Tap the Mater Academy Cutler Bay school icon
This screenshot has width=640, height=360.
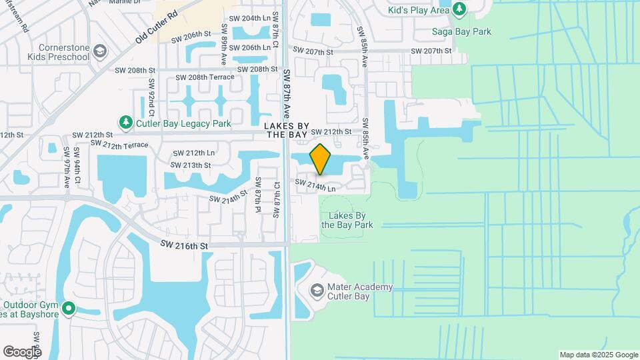317,291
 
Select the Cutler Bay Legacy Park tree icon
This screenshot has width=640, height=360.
125,122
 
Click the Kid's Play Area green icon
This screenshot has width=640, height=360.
459,9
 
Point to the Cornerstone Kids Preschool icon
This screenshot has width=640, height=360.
99,51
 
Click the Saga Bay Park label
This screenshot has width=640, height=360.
471,31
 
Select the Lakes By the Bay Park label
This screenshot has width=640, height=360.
347,220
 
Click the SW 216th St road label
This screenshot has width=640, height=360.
184,246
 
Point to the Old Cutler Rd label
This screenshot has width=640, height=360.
157,27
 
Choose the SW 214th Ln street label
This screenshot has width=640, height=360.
315,185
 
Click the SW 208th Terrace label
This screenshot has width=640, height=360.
205,77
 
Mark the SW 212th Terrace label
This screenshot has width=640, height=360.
119,145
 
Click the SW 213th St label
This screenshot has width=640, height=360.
191,165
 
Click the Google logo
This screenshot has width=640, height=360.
21,351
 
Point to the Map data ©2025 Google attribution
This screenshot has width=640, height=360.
598,355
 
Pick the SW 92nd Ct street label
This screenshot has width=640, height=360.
152,95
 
